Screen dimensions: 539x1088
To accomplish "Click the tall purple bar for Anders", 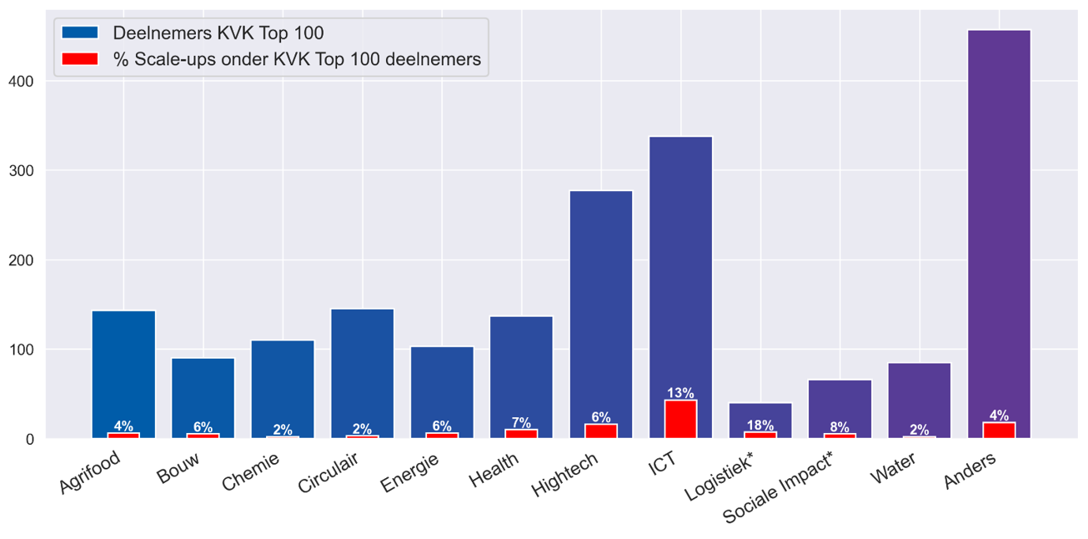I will coord(999,217).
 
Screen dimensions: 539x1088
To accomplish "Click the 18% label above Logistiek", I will coord(760,426).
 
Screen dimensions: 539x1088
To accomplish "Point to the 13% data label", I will coord(680,393).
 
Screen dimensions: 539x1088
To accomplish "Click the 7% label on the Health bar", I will coord(521,423).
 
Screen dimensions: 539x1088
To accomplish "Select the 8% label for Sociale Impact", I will coord(840,427).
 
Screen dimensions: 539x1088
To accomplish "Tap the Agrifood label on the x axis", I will coord(90,472).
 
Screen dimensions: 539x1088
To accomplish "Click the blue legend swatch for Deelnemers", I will coord(80,33).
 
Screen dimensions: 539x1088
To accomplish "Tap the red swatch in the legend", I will coord(80,59).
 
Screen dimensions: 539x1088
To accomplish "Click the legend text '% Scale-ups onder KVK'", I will coord(297,59).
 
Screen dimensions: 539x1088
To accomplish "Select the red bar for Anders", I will coord(999,430).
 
